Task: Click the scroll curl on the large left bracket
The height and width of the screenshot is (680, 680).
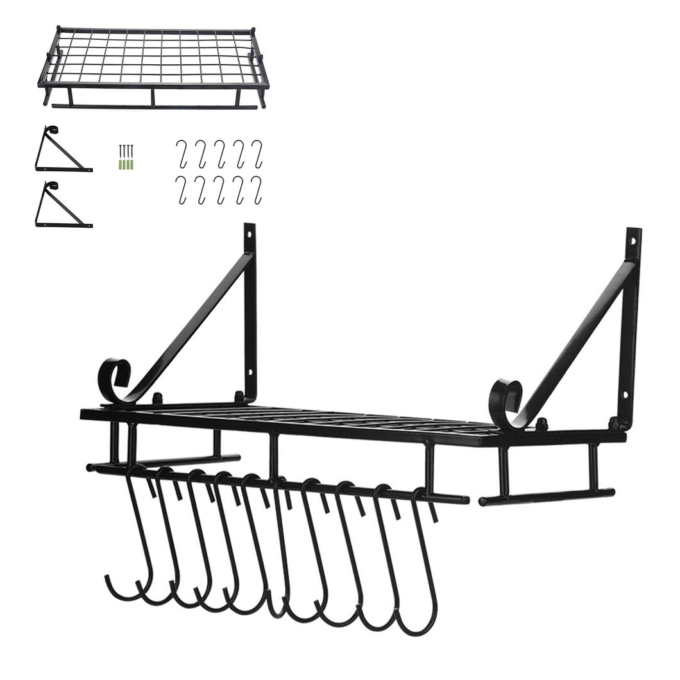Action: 114,380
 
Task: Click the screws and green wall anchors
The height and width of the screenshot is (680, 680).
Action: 126,157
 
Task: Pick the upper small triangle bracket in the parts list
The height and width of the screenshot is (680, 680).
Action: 62,151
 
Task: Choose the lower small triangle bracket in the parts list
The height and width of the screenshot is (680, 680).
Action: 62,207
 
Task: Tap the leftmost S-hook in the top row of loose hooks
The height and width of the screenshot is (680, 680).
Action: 182,154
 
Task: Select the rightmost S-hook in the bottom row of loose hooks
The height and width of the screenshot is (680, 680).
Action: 257,190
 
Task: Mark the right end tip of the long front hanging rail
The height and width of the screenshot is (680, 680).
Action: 466,500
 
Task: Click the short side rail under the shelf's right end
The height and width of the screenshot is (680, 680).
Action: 545,496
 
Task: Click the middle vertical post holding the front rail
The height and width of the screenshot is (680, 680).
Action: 274,457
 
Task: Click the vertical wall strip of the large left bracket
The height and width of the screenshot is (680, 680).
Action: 250,321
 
